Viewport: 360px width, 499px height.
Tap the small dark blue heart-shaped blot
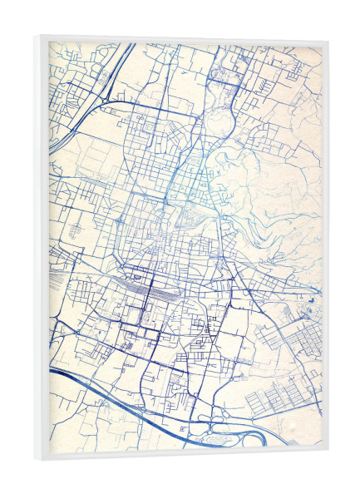(x=313, y=293)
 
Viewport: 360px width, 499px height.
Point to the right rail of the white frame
(x=324, y=249)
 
